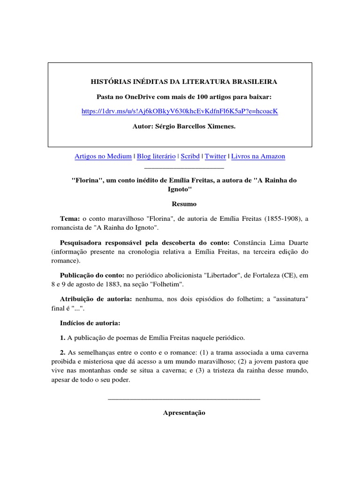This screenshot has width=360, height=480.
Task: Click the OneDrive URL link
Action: click(x=180, y=111)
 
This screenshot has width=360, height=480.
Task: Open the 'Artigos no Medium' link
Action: click(x=103, y=156)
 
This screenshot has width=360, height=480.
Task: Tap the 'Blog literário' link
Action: click(x=156, y=156)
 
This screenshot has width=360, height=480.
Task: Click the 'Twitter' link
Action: click(x=215, y=156)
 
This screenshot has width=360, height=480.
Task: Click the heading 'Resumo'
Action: click(x=180, y=204)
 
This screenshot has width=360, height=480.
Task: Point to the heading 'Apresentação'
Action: click(x=184, y=413)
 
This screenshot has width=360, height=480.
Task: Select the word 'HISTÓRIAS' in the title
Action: click(x=110, y=82)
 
